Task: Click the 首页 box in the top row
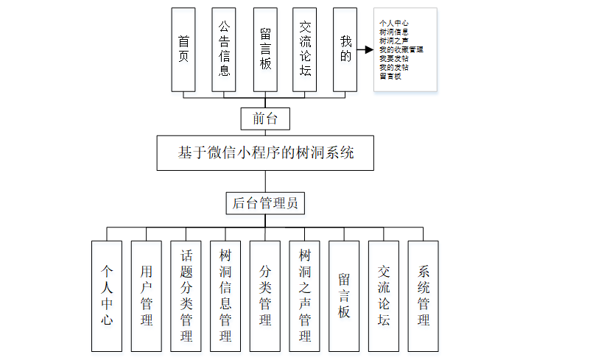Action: (x=183, y=49)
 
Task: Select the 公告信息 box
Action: (x=224, y=49)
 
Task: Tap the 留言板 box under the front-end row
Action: (x=265, y=49)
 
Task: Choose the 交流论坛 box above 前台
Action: (x=305, y=49)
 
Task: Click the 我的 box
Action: (x=345, y=49)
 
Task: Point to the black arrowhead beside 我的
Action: (x=365, y=51)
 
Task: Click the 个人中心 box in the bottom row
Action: (x=107, y=296)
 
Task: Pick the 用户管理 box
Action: (x=147, y=296)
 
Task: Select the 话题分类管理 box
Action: (x=186, y=296)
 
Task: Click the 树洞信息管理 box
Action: (x=225, y=296)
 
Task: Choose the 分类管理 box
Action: (x=265, y=296)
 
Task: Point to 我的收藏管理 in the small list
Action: (x=401, y=50)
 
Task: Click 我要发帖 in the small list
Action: (x=394, y=58)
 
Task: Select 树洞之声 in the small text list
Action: (x=394, y=41)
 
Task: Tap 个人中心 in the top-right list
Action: (x=394, y=24)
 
